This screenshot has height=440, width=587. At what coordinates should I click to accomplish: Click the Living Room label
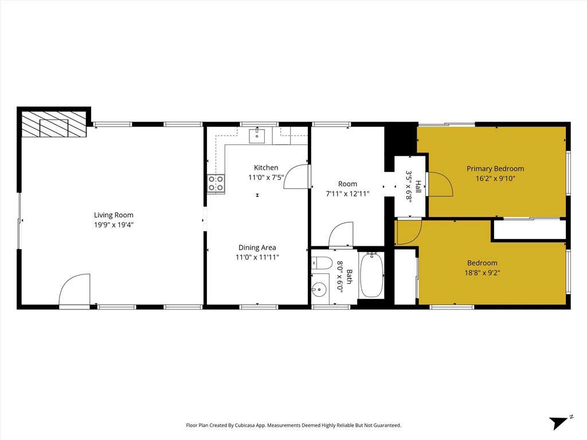(x=114, y=215)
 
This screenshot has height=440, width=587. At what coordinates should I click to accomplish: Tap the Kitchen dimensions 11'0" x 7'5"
(x=266, y=178)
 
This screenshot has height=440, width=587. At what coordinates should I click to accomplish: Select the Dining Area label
(x=257, y=247)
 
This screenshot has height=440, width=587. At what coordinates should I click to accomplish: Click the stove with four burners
(x=216, y=184)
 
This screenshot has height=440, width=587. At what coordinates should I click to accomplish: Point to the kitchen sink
(x=257, y=136)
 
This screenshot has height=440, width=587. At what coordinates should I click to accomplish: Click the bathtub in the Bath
(x=371, y=275)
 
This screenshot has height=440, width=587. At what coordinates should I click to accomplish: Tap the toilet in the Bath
(x=322, y=263)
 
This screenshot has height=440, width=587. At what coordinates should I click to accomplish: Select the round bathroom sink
(x=319, y=289)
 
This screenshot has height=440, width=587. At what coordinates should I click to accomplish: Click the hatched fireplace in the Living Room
(x=54, y=124)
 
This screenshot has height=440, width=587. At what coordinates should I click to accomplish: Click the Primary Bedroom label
(x=495, y=169)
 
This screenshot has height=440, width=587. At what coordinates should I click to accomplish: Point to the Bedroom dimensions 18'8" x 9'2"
(x=482, y=273)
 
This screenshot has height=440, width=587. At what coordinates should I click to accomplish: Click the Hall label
(x=418, y=186)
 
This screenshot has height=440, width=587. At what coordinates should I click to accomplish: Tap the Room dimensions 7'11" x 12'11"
(x=347, y=194)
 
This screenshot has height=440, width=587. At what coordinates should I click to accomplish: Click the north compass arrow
(x=559, y=423)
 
